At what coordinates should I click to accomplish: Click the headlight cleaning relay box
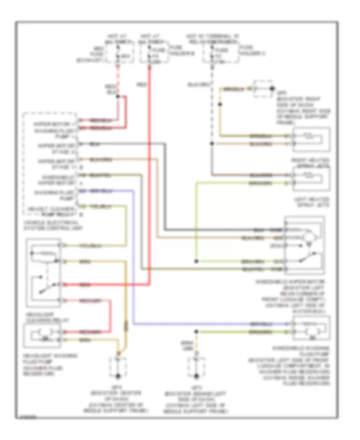point(43,272)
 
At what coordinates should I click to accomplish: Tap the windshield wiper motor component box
point(304,245)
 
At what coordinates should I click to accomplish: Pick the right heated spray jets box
point(312,140)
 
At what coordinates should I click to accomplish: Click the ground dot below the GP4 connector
point(118,376)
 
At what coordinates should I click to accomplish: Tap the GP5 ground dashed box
point(263,90)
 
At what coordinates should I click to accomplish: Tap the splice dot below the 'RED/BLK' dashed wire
point(118,106)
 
